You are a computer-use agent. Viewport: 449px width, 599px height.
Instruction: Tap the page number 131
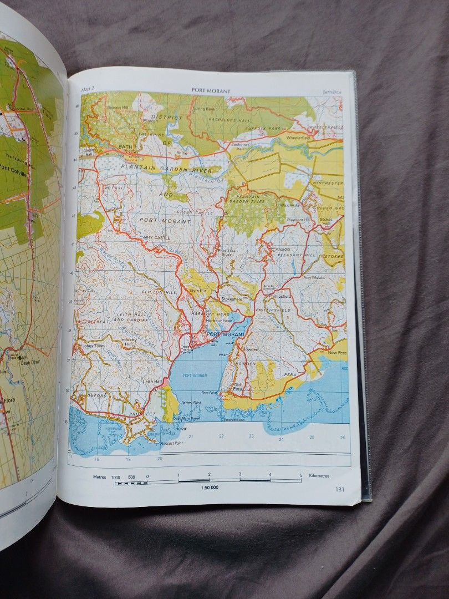(340, 489)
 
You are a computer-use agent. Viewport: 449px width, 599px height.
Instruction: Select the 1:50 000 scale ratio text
(209, 487)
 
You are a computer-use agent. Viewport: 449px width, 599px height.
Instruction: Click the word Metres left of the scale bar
(100, 476)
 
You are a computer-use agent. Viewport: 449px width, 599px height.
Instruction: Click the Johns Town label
(93, 346)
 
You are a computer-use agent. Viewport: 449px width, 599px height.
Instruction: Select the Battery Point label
(191, 403)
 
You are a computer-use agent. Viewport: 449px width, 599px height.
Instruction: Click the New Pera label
(336, 353)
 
